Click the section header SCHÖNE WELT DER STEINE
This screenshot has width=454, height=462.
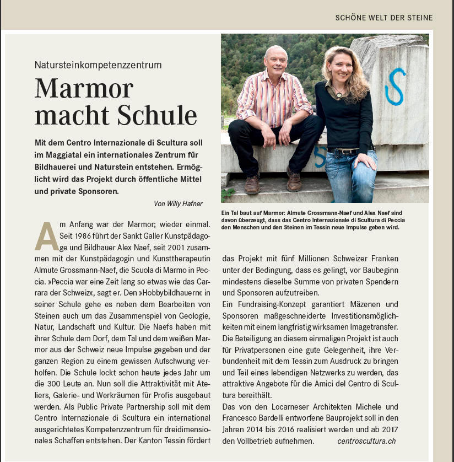(383, 18)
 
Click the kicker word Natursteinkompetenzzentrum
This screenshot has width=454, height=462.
(98, 65)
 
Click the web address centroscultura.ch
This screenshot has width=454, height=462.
(366, 441)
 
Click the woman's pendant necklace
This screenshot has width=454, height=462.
(337, 93)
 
